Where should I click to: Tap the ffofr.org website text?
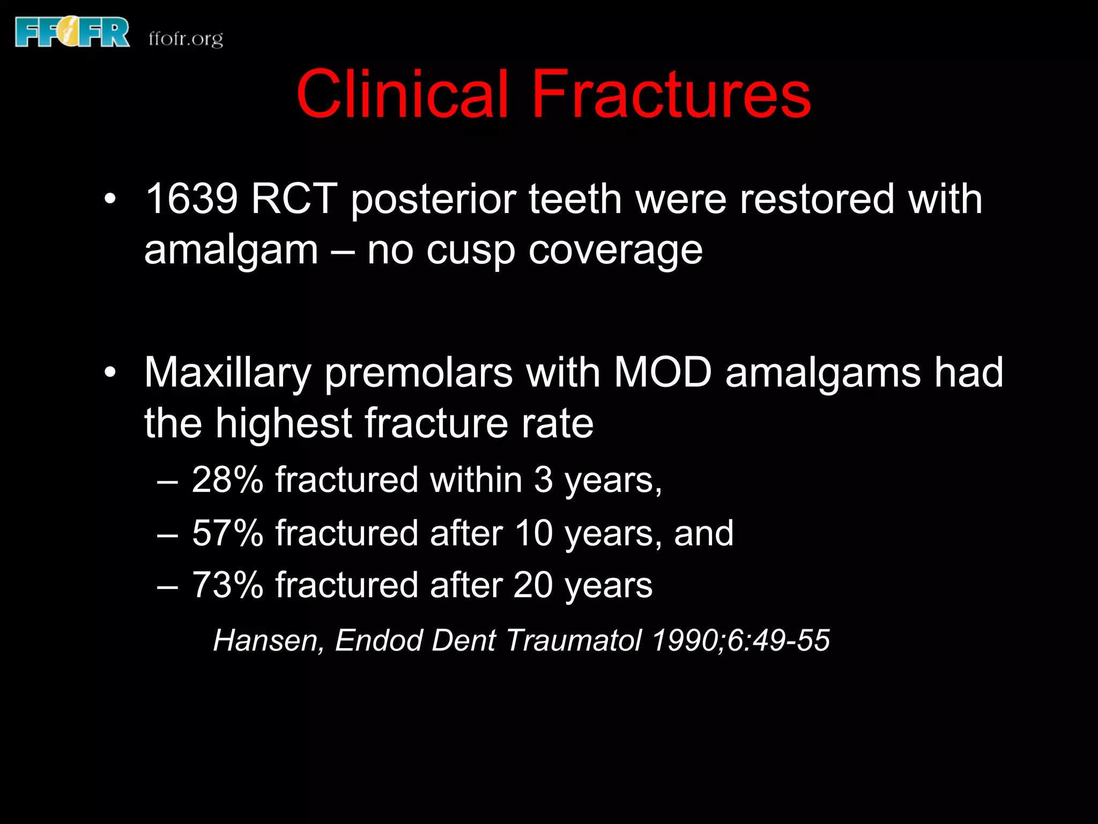(186, 39)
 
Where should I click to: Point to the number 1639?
(191, 199)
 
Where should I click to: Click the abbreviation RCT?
(294, 199)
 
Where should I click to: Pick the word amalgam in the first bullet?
(231, 250)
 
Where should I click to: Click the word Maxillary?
(227, 373)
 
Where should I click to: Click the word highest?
(283, 423)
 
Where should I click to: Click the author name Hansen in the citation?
(269, 641)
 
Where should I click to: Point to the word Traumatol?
(574, 640)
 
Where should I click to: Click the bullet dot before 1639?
(110, 199)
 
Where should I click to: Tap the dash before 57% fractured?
(167, 534)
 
